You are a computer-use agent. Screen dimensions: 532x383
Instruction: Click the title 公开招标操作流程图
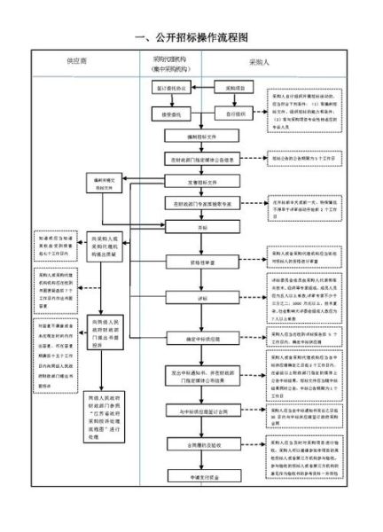pyautogui.click(x=191, y=38)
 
